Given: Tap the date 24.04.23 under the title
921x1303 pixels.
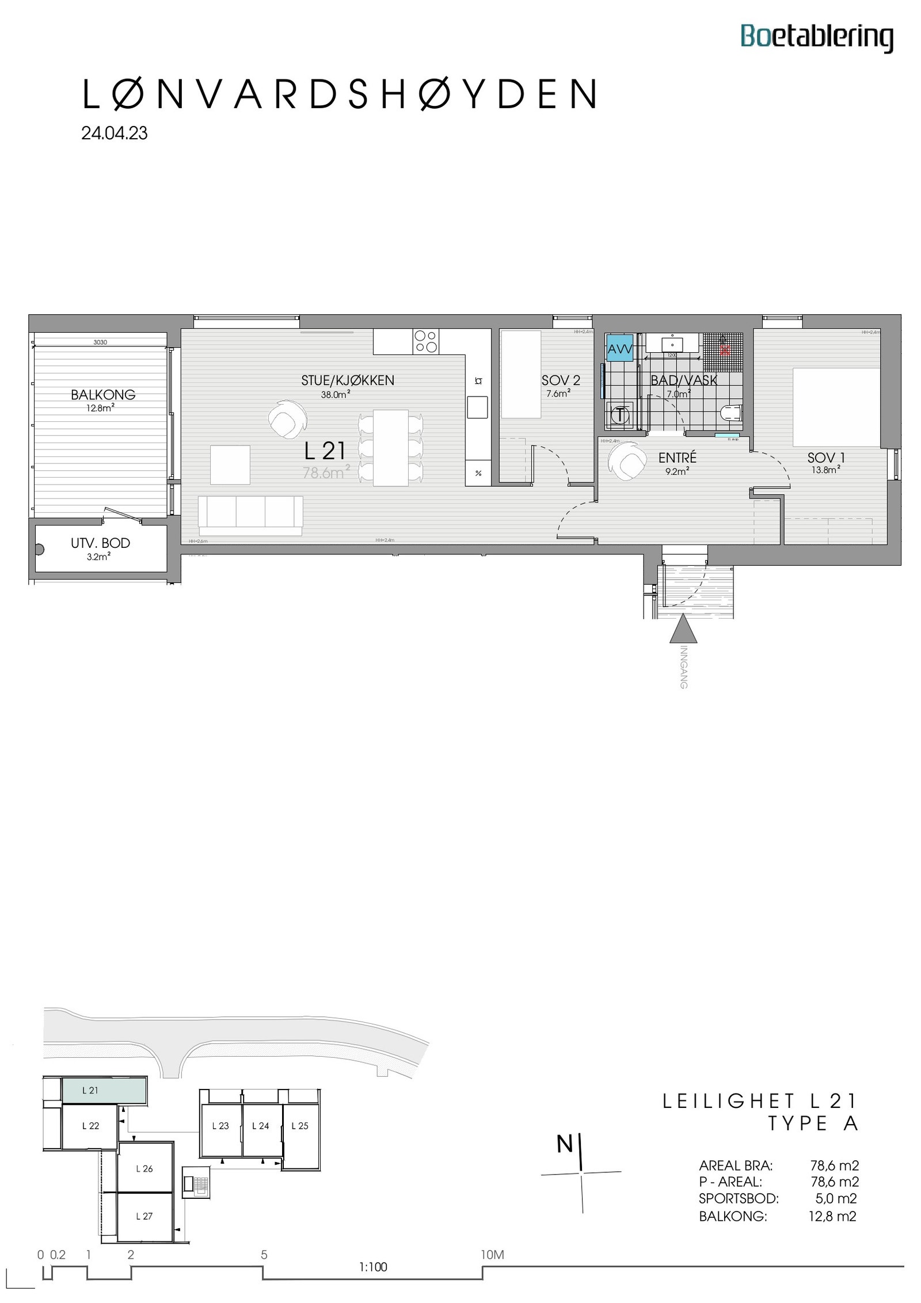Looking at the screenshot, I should (x=115, y=134).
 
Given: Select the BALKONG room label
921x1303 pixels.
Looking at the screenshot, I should (x=103, y=395).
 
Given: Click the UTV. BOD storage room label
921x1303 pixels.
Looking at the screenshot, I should (x=100, y=543).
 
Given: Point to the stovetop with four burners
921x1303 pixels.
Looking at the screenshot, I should (x=426, y=341).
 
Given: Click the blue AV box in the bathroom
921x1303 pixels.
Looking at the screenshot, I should (x=619, y=348).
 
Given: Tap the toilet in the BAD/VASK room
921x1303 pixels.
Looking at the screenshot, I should (x=732, y=413).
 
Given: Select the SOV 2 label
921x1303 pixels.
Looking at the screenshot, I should (x=561, y=380).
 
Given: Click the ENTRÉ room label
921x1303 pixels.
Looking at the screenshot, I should (x=677, y=458).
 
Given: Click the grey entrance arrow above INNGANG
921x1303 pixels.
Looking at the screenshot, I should (x=683, y=629).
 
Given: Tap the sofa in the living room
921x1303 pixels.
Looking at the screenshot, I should (x=250, y=511).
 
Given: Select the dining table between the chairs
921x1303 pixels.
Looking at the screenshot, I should (x=390, y=447).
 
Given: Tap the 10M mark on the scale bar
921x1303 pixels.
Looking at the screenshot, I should (x=492, y=1255).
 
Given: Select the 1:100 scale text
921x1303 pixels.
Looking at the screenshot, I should (x=373, y=1267).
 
